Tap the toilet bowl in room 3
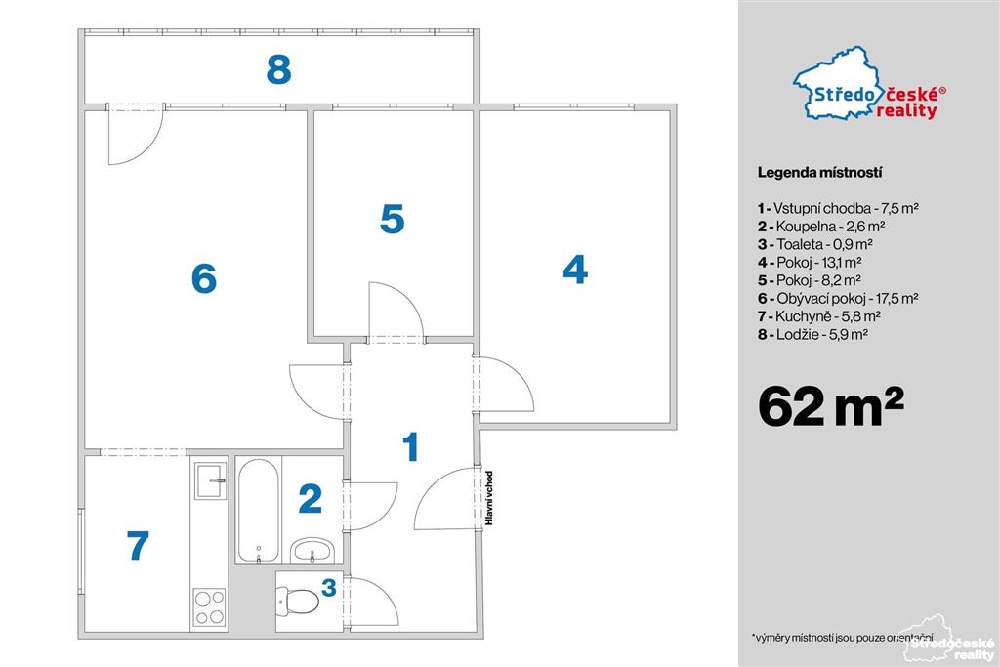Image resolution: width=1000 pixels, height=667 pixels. pyautogui.click(x=299, y=601)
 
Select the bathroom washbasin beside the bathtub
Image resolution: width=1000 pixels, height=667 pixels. pyautogui.click(x=312, y=551)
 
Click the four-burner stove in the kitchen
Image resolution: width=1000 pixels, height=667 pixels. pyautogui.click(x=209, y=606)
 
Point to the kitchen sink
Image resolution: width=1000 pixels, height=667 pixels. pyautogui.click(x=209, y=480)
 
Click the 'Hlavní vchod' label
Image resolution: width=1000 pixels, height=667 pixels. pyautogui.click(x=489, y=498)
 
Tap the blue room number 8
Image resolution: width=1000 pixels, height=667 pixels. pyautogui.click(x=278, y=69)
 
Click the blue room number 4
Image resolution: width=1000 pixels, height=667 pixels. pyautogui.click(x=574, y=270)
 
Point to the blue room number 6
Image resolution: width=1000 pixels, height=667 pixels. pyautogui.click(x=204, y=278)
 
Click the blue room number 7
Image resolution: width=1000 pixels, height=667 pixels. pyautogui.click(x=138, y=545)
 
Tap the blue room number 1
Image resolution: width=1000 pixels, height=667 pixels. pyautogui.click(x=411, y=446)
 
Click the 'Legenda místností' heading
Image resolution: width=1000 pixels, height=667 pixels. pyautogui.click(x=819, y=172)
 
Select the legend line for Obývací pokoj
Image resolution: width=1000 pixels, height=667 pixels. pyautogui.click(x=837, y=298)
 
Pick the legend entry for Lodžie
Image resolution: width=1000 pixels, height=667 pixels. pyautogui.click(x=812, y=334)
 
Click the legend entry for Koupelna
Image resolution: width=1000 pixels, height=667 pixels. pyautogui.click(x=820, y=226)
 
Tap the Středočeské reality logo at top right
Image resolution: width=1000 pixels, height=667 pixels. pyautogui.click(x=868, y=84)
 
